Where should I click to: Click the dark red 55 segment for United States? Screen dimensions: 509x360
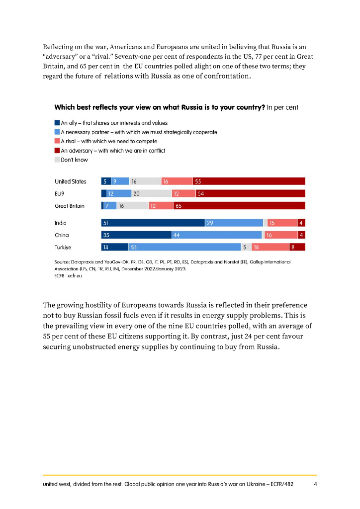pos(249,181)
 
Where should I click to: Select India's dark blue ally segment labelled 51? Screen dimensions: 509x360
pos(153,223)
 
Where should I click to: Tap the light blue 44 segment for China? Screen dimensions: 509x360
pos(216,235)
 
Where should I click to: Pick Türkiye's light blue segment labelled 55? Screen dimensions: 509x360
pos(184,247)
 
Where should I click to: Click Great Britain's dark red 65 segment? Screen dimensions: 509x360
pos(239,205)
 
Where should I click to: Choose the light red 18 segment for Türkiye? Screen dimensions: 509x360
pos(270,247)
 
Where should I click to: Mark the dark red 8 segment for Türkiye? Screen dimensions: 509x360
pos(297,247)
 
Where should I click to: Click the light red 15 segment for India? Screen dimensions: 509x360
pos(282,223)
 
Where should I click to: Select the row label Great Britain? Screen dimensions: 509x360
pos(69,205)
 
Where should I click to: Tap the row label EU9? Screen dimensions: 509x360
pos(60,193)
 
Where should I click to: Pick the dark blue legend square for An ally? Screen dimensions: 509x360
pos(57,123)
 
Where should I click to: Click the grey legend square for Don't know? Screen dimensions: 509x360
pos(57,160)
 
